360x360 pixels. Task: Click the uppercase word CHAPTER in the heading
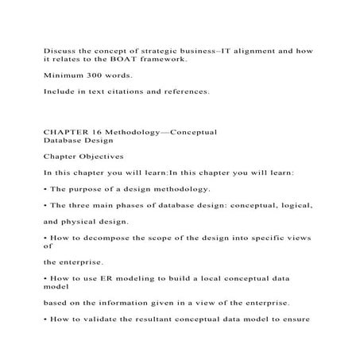[66, 129]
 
